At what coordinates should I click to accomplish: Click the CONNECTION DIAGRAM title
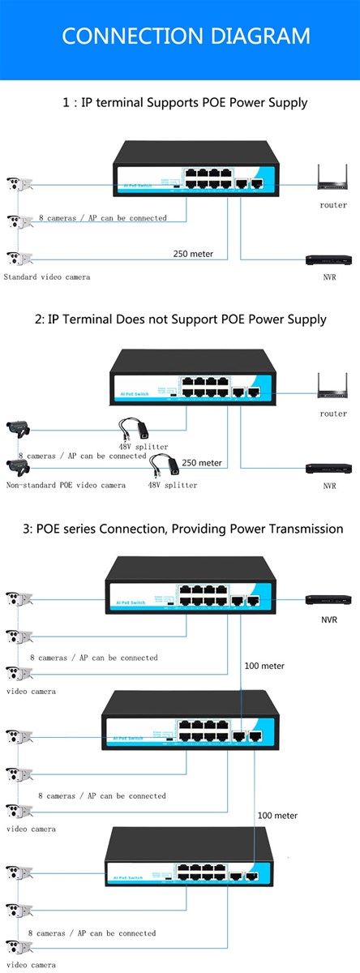coord(186,36)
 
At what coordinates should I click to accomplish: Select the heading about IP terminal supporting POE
coord(185,103)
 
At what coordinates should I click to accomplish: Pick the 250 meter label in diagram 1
coord(193,254)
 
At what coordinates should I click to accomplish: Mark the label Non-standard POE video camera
coord(66,485)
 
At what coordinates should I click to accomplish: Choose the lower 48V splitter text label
coord(172,485)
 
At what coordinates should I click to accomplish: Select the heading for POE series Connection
coord(183,529)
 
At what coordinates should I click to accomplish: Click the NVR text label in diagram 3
coord(329,619)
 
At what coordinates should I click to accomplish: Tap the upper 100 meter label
coord(264,666)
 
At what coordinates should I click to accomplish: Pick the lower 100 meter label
coord(277,815)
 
